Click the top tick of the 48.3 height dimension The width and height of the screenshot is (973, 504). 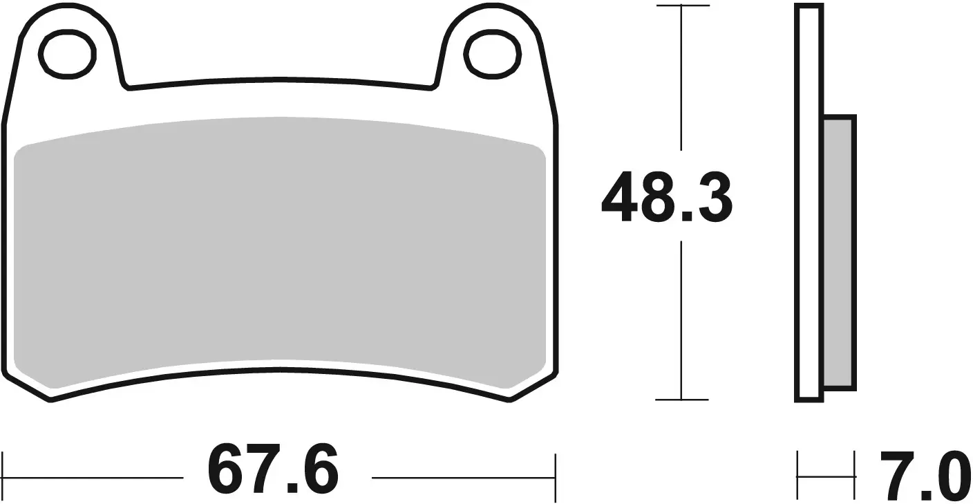tap(682, 6)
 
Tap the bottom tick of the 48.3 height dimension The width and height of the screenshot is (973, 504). tap(682, 400)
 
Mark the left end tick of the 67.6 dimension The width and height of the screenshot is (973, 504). tap(4, 477)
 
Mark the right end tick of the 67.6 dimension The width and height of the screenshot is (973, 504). tap(555, 477)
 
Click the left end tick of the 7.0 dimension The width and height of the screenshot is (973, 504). tap(798, 476)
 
